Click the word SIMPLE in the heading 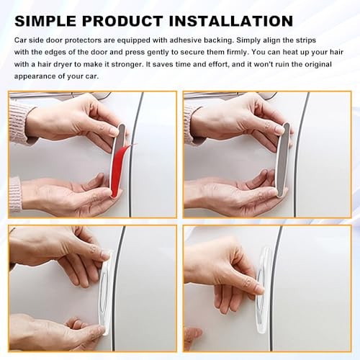45,21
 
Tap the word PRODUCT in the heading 122,21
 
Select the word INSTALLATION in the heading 231,21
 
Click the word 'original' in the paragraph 318,64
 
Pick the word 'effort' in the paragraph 217,64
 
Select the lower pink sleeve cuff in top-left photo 15,194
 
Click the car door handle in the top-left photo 60,96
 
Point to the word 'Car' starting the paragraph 20,40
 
